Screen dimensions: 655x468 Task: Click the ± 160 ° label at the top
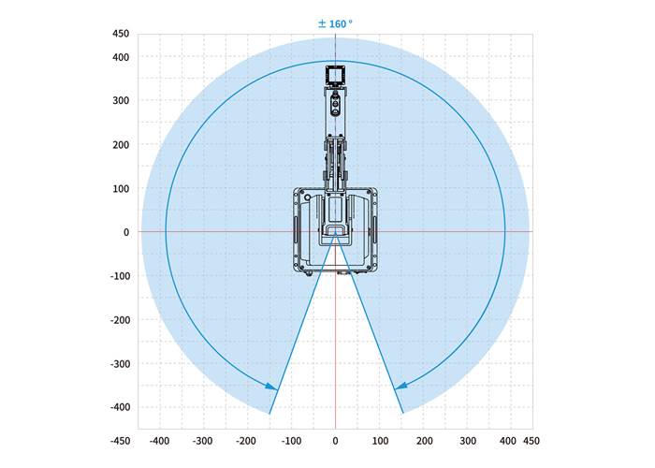335,23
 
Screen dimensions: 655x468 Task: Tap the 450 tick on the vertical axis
121,34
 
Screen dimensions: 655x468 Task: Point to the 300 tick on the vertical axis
121,100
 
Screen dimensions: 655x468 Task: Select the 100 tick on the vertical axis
121,188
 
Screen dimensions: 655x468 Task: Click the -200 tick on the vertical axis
120,320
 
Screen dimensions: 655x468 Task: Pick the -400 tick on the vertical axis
120,406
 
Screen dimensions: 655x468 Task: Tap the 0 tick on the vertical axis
126,232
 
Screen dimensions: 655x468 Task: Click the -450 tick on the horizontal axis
120,441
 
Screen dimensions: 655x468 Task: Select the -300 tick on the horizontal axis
202,441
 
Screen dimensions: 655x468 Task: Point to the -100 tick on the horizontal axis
291,441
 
